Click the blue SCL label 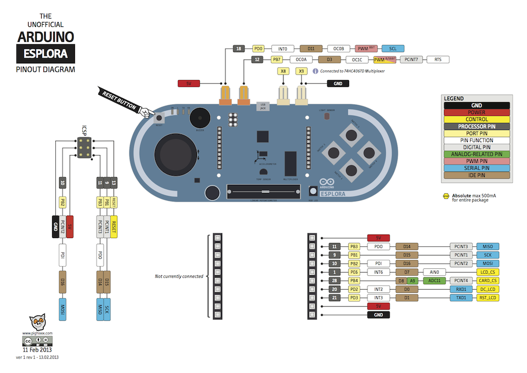click(393, 49)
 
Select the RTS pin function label click(438, 59)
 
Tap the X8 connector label click(283, 71)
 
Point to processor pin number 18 click(239, 49)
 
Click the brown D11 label click(311, 49)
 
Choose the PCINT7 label click(412, 59)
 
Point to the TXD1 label click(461, 298)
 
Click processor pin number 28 click(335, 281)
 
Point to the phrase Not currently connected click(179, 276)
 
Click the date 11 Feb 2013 click(38, 349)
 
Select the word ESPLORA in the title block click(46, 54)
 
